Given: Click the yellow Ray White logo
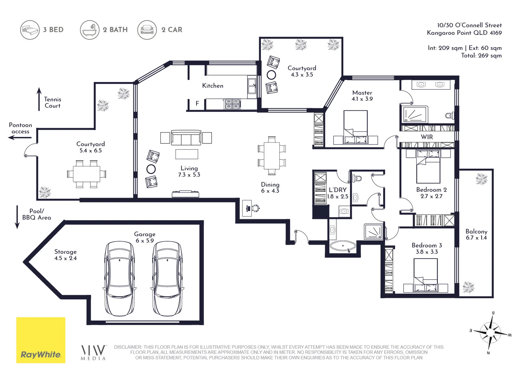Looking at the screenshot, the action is tap(41, 340).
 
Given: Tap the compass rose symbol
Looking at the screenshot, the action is tap(490, 333).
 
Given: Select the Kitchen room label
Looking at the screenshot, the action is tap(213, 86).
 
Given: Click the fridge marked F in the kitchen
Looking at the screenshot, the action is tap(197, 103).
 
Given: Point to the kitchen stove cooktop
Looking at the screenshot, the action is tap(232, 104).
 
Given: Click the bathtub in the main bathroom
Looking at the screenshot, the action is tap(343, 246).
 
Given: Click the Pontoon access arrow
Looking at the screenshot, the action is tap(20, 137).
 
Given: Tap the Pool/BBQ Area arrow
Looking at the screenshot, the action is tap(17, 217).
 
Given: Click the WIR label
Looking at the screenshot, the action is tap(427, 137).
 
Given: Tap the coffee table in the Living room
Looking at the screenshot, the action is tap(187, 154).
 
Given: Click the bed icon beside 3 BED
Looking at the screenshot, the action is tap(30, 30).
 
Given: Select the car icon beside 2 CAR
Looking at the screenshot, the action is tap(147, 30).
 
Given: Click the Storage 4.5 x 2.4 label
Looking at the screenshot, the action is tap(65, 255).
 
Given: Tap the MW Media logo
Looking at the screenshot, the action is tap(93, 353).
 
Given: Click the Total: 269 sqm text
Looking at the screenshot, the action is tap(481, 56).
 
